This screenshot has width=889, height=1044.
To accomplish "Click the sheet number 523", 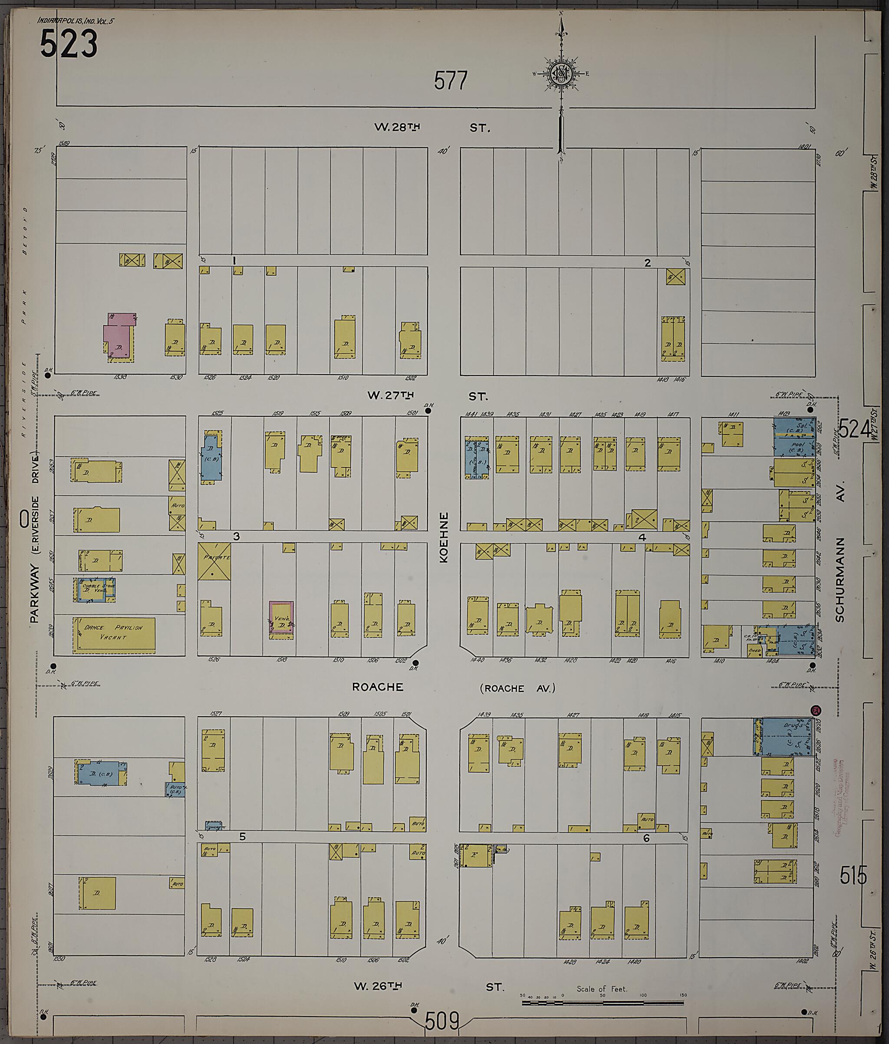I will [x=69, y=43].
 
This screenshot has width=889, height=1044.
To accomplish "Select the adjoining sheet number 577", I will [x=451, y=81].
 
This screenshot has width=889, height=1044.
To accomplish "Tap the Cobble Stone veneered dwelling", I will [x=94, y=589].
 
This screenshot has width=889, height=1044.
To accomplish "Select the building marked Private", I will [x=214, y=561].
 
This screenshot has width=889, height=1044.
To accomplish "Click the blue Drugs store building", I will [x=786, y=737].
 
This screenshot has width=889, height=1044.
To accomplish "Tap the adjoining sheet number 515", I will [x=853, y=877].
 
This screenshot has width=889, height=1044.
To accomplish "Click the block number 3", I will [x=236, y=537].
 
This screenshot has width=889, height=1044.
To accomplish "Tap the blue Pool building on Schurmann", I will [x=794, y=446].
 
